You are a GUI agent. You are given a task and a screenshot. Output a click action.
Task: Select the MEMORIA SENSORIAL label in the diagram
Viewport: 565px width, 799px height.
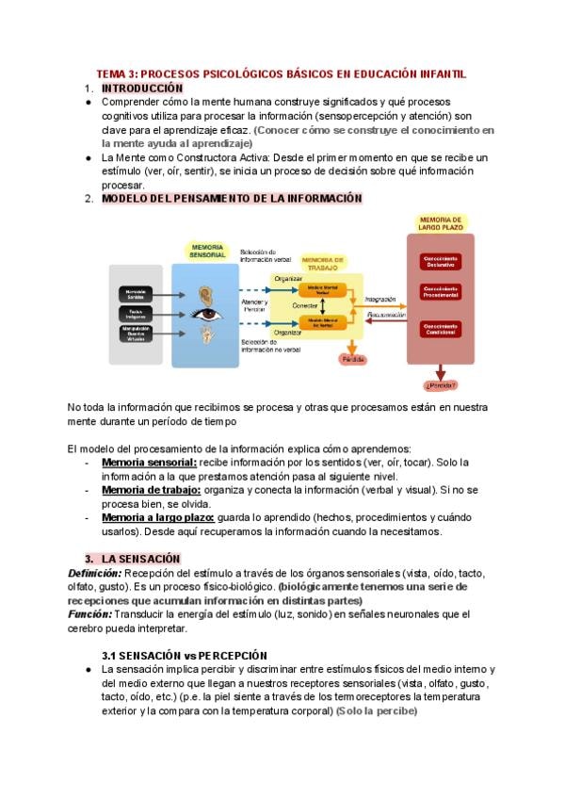point(207,251)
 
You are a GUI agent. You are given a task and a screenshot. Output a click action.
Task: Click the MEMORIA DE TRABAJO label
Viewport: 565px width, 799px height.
point(323,261)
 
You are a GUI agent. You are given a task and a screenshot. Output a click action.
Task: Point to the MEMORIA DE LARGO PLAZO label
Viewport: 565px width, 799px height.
point(440,222)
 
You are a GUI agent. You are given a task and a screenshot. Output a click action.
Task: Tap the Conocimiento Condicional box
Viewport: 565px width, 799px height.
point(440,330)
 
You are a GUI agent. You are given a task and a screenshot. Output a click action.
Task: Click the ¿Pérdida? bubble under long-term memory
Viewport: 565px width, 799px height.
point(440,384)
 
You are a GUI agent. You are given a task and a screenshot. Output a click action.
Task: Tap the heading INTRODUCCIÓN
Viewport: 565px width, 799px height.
point(141,88)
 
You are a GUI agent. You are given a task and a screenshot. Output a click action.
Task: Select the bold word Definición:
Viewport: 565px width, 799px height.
point(95,573)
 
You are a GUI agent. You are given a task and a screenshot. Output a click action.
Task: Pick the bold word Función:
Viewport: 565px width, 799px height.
point(90,613)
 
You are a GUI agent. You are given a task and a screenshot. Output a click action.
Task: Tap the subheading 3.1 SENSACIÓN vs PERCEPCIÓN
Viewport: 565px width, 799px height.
point(185,655)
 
